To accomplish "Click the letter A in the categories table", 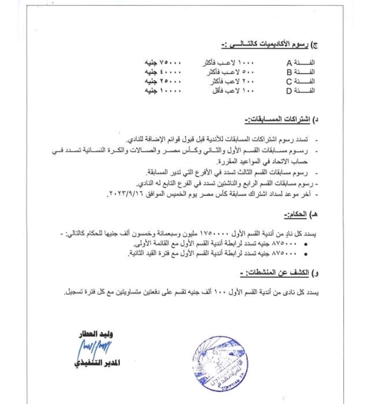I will [x=290, y=63].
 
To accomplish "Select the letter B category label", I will [x=290, y=72].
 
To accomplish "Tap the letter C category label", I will [x=290, y=81].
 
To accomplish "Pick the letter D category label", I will [x=290, y=90].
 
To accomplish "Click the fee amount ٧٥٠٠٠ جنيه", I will [x=163, y=63].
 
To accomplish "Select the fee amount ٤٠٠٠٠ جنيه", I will [x=163, y=72].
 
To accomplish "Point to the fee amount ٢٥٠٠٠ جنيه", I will [x=163, y=81].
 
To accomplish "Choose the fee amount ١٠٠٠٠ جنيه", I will [x=163, y=90].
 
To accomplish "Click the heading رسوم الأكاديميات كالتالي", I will [x=268, y=45].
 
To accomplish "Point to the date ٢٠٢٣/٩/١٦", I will [x=126, y=195].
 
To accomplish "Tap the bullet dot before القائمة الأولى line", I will [x=308, y=244].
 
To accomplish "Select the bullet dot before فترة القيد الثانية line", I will [x=308, y=253].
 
